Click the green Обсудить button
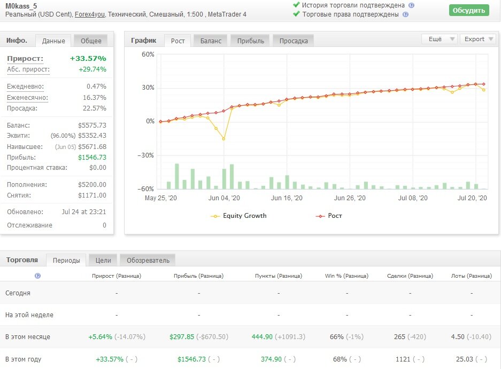469,10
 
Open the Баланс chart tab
211,41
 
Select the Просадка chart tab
294,41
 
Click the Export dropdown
478,39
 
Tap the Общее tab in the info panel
91,41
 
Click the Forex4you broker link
89,14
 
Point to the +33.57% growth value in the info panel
88,58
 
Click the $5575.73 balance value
92,125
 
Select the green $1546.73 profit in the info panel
92,158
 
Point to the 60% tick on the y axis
148,54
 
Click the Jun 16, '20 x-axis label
287,198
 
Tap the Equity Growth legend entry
238,216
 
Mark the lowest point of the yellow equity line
223,139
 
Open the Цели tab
103,261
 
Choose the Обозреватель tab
148,261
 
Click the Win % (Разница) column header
346,276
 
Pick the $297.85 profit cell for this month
182,337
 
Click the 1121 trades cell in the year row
403,359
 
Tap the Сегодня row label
18,293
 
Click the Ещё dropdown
439,39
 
